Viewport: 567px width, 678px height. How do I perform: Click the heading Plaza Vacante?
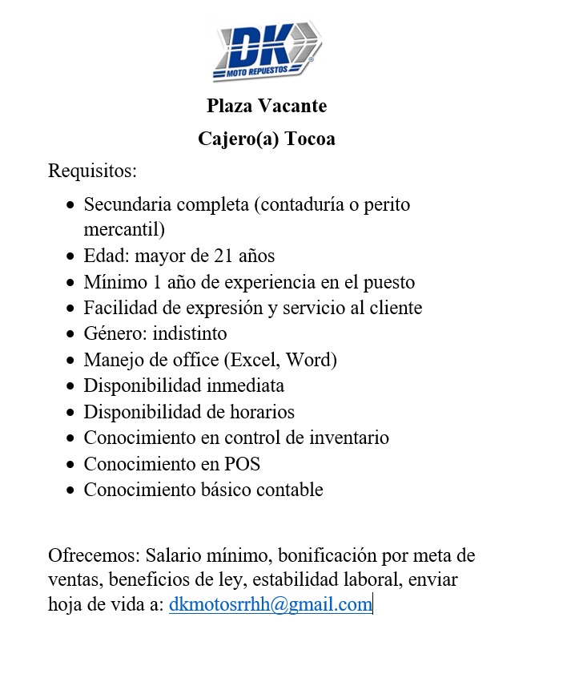[x=267, y=106]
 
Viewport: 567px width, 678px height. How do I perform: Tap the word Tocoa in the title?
[x=310, y=139]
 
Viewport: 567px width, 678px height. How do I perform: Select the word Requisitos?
[x=93, y=171]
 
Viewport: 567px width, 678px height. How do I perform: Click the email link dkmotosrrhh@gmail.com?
[x=271, y=604]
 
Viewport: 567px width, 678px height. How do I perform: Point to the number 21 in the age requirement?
[x=223, y=256]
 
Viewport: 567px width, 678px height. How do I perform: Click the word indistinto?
[x=192, y=333]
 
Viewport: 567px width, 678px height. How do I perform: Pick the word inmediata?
[x=246, y=385]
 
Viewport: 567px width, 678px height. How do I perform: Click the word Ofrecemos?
[x=93, y=555]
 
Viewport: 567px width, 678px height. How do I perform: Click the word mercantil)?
[x=123, y=230]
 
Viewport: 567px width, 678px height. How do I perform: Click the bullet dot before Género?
[x=71, y=334]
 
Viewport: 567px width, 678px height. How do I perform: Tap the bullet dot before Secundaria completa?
[x=71, y=205]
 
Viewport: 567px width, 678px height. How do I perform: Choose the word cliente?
[x=393, y=308]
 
